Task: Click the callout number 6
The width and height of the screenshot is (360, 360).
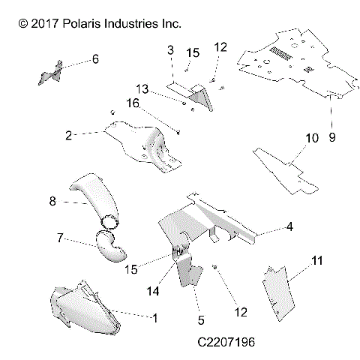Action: [95, 58]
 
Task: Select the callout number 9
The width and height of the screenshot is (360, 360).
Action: [332, 137]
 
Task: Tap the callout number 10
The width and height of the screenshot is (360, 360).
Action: [311, 138]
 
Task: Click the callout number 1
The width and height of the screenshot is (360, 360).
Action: [155, 318]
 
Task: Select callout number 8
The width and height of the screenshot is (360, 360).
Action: [52, 201]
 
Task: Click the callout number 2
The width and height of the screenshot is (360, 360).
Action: [68, 136]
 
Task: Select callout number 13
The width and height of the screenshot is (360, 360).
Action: [142, 88]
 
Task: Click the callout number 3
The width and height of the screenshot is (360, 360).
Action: [170, 50]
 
